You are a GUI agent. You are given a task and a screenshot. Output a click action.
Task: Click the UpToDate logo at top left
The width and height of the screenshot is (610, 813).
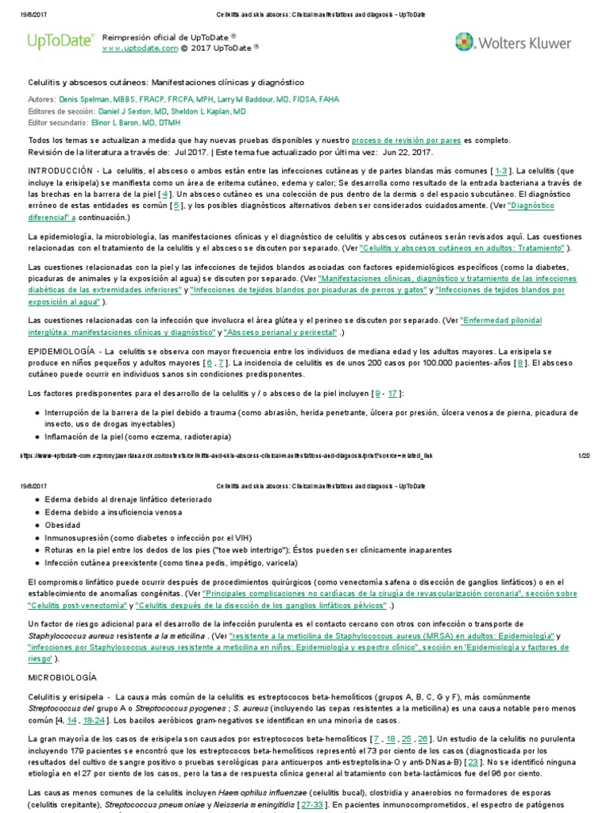pyautogui.click(x=60, y=42)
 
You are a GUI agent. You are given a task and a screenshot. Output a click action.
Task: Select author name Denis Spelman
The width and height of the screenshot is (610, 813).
pyautogui.click(x=85, y=100)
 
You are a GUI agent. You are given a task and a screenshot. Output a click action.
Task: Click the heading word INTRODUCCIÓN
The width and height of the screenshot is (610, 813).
pyautogui.click(x=60, y=171)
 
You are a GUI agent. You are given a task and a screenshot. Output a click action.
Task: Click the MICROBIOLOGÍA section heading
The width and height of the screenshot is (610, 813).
pyautogui.click(x=62, y=677)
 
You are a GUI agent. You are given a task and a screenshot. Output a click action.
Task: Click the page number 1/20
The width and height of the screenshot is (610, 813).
pyautogui.click(x=584, y=455)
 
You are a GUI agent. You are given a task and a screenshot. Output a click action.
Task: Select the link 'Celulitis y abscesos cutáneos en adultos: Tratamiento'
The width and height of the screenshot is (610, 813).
pyautogui.click(x=464, y=248)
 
